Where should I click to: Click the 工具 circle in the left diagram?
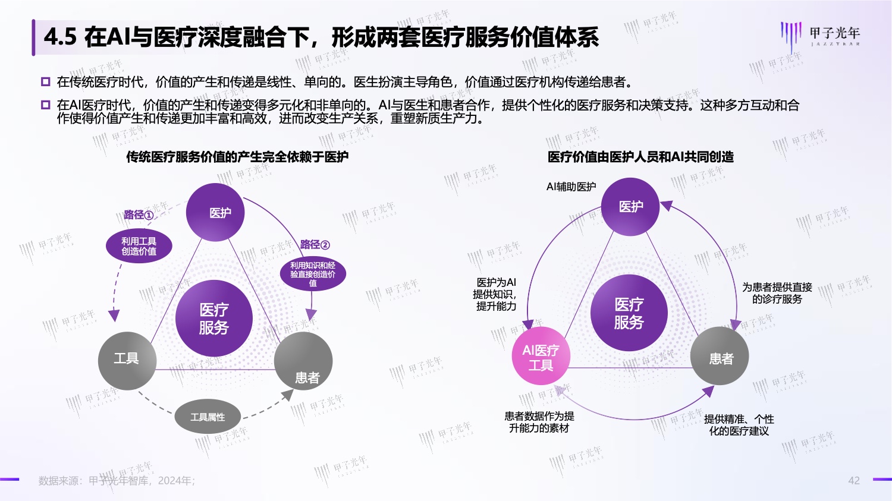(127, 361)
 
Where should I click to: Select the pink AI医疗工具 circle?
(541, 356)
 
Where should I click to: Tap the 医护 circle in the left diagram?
(215, 212)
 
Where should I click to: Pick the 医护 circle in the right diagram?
(630, 207)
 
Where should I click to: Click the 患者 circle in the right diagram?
(720, 356)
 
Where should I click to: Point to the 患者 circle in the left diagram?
(303, 361)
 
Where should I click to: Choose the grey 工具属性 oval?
(208, 417)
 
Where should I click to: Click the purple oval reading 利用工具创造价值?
(139, 246)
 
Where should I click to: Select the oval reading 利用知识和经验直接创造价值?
(313, 274)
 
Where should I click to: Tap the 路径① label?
(139, 215)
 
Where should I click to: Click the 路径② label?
(315, 244)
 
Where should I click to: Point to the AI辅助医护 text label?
(571, 187)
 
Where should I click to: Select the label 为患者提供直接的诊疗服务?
(777, 293)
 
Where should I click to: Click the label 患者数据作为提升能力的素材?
(539, 422)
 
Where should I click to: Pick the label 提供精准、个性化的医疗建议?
(739, 424)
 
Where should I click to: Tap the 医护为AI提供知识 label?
(496, 294)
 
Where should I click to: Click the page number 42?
(854, 481)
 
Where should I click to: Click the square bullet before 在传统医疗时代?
(46, 82)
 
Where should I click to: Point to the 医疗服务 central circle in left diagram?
(214, 318)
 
